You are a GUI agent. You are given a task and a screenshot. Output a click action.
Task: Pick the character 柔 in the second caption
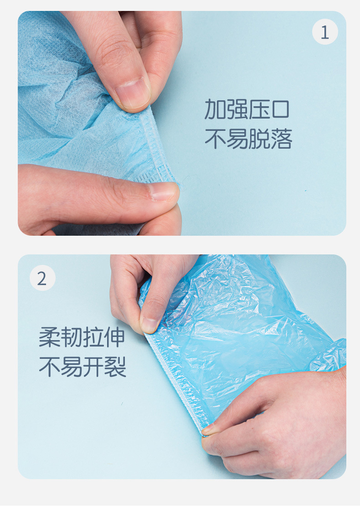pos(50,337)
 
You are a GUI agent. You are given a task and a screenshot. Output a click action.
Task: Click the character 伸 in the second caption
pos(115,337)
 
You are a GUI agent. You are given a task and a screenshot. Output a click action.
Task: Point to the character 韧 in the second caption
pos(72,337)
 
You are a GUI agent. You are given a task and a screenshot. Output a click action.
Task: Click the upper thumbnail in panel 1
pos(133,91)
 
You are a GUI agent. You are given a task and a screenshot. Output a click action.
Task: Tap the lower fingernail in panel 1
pos(163,191)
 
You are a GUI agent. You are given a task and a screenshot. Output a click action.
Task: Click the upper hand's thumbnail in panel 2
pos(150,324)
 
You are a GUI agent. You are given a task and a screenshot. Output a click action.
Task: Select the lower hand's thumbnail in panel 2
pos(211,429)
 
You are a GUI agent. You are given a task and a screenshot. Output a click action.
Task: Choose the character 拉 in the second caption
pos(93,337)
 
